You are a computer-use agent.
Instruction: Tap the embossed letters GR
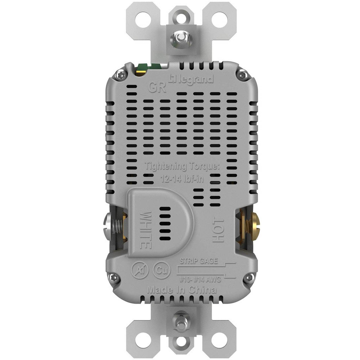coord(157,87)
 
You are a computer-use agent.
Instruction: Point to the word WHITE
coord(146,230)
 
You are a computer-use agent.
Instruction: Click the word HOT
coord(218,230)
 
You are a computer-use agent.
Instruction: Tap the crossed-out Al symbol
coord(140,270)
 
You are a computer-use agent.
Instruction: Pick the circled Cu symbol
coord(162,270)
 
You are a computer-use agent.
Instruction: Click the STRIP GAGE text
coord(199,261)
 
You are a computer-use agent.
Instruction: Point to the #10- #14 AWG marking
coord(200,279)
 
